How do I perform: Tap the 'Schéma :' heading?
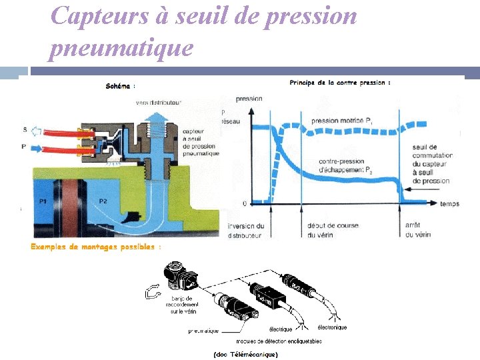point(121,86)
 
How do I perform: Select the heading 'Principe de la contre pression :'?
point(340,83)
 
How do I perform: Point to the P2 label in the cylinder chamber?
point(103,200)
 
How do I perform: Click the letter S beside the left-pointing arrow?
point(25,129)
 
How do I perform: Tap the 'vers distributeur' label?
point(159,103)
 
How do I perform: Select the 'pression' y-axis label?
point(249,98)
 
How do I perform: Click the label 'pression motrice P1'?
point(343,121)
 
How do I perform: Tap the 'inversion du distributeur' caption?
point(246,230)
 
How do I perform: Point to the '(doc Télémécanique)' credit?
point(245,354)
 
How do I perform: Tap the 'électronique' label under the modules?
point(331,327)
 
